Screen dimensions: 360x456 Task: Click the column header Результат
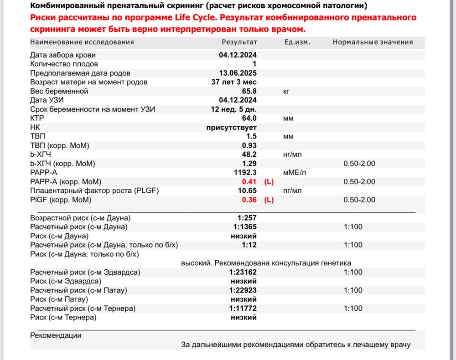239,42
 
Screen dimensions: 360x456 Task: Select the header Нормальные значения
373,42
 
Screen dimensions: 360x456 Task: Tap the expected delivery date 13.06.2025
238,73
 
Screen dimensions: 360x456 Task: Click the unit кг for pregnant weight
286,91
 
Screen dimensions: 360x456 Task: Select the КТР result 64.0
248,118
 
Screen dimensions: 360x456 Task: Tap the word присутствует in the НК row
232,128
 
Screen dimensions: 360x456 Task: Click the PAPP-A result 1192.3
245,173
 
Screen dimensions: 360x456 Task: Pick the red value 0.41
249,182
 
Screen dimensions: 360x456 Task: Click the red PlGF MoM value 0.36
249,200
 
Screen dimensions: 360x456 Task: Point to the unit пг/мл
291,191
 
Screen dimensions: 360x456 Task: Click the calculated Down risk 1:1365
243,227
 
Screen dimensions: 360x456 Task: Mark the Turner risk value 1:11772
242,309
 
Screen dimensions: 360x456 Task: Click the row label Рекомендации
56,335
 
